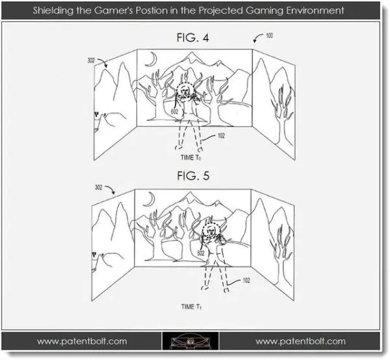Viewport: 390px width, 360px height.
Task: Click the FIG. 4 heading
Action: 192,38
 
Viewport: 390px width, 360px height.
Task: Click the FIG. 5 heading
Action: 193,175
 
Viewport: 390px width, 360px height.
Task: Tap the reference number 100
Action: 269,36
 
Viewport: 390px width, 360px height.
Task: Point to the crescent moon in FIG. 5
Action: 150,200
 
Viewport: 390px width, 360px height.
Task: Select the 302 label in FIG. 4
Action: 91,60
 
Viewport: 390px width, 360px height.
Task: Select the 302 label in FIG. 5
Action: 98,187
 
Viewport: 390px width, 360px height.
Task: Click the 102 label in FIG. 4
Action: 221,136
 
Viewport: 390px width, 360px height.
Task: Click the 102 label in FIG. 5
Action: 246,281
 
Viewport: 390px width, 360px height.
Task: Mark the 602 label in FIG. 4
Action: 175,111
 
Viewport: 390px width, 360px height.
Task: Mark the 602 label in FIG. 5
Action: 201,253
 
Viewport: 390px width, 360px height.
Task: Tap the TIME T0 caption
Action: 190,158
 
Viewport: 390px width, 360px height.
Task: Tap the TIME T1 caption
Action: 191,307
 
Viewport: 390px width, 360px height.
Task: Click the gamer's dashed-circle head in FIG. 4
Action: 185,83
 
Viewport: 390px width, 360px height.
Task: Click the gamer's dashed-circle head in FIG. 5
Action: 211,224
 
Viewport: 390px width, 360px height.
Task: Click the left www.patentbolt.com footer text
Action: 82,341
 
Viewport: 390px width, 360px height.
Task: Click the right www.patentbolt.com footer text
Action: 300,341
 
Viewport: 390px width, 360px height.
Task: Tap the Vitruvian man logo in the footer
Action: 190,341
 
